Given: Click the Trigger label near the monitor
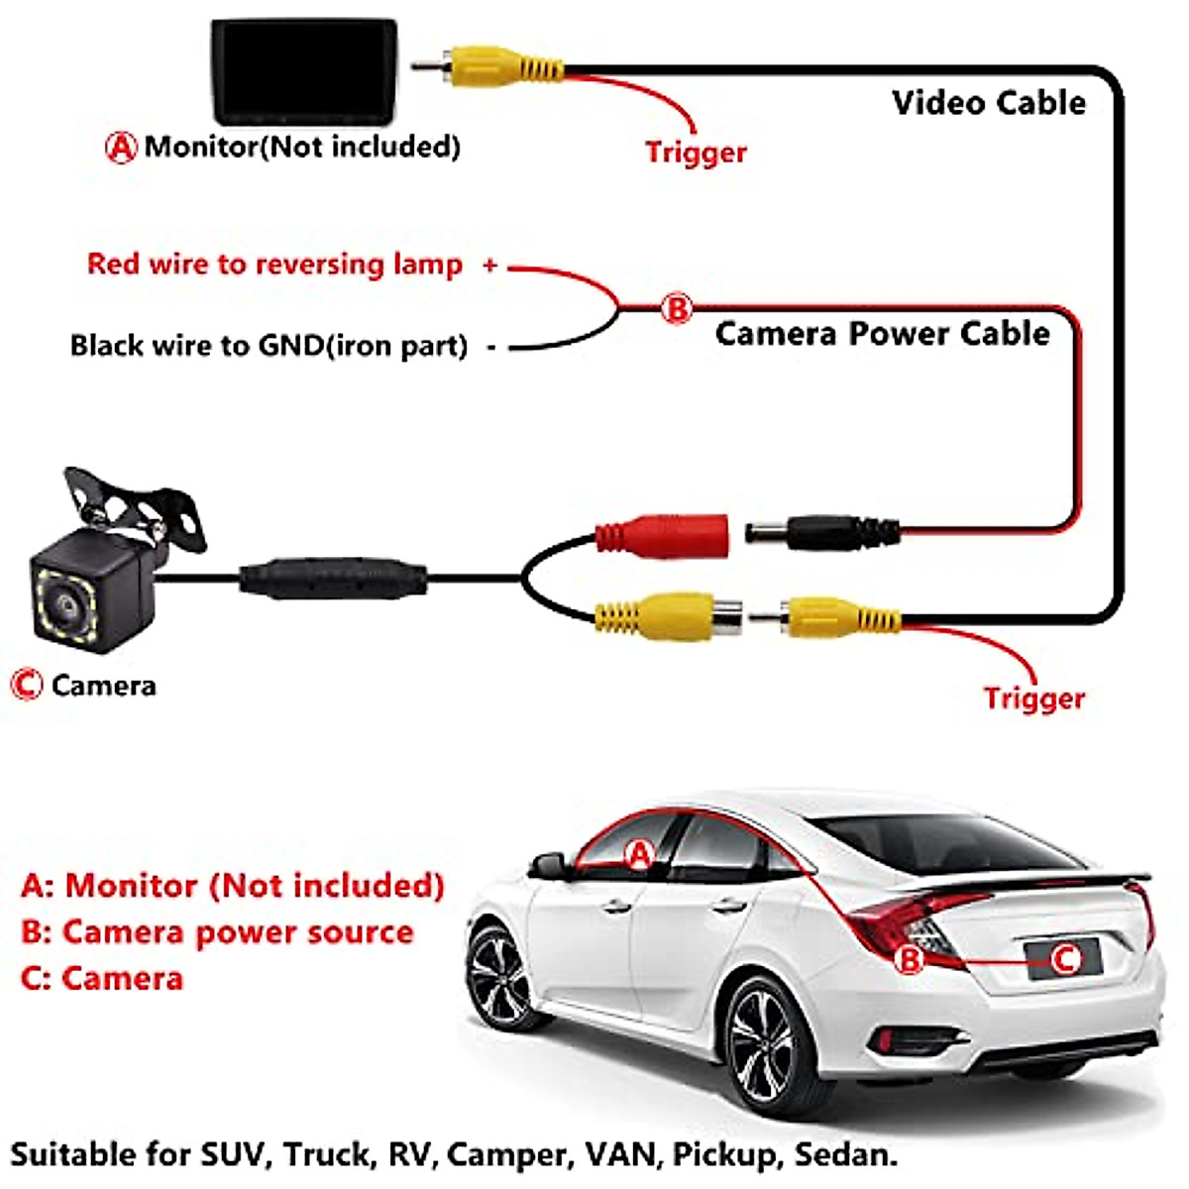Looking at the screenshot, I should (696, 153).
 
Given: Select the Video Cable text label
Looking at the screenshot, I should (988, 103).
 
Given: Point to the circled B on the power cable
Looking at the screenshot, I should (677, 308).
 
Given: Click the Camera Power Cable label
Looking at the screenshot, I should (882, 334).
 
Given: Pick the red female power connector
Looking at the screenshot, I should (664, 535).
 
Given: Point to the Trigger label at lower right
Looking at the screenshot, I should (1033, 699).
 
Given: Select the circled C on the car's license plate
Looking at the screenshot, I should (1064, 958).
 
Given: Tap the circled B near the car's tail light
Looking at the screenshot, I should (910, 959).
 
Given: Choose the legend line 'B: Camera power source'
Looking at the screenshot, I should (217, 932).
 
